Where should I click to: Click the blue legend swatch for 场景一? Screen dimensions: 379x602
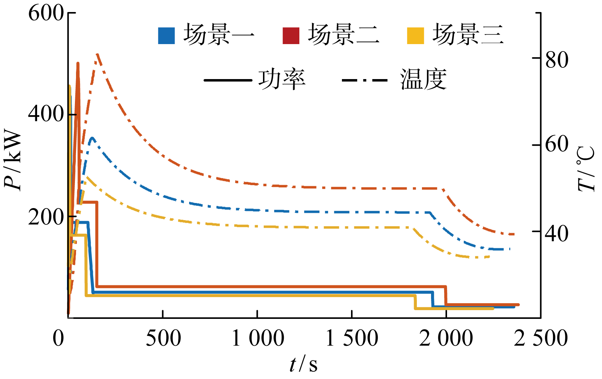coord(166,36)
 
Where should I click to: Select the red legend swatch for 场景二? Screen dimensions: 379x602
coord(291,36)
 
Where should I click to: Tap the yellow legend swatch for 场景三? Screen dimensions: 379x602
coord(415,36)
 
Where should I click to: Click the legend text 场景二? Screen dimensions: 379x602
coord(344,35)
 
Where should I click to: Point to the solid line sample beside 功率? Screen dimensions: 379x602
coord(228,80)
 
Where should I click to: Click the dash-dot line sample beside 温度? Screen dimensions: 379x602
coord(365,80)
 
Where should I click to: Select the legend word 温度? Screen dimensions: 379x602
coord(423,79)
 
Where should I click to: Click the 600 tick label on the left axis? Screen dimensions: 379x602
coord(46,14)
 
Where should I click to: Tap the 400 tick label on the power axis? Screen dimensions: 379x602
coord(46,114)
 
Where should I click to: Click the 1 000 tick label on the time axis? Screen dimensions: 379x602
coord(258,339)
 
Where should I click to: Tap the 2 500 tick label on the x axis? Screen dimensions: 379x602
coord(541,339)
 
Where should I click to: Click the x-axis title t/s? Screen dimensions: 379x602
coord(303,364)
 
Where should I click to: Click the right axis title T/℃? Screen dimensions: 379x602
coord(586,169)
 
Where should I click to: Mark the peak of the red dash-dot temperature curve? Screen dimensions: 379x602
coord(97,54)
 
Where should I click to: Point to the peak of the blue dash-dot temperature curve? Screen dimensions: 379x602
coord(92,138)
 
